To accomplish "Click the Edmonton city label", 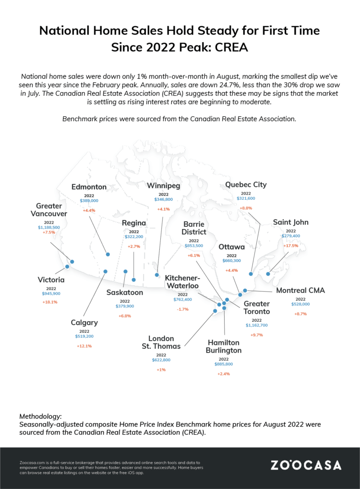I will pos(89,187).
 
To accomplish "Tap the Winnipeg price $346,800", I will pos(163,199).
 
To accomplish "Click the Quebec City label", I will pos(246,184).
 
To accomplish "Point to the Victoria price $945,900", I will pos(51,293).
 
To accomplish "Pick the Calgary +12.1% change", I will pos(84,346).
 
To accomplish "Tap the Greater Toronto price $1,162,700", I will pos(257,325).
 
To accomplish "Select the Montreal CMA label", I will pos(300,290).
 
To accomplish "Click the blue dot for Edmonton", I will pos(108,254).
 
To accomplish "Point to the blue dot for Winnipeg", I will pos(157,275).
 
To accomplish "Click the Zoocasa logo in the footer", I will pos(306,465).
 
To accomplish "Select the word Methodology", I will pos(40,416).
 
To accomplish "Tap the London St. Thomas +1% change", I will pos(161,370).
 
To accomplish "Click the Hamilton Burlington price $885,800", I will pos(224,364).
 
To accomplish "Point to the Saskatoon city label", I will pos(124,292).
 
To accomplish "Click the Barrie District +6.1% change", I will pos(194,256).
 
